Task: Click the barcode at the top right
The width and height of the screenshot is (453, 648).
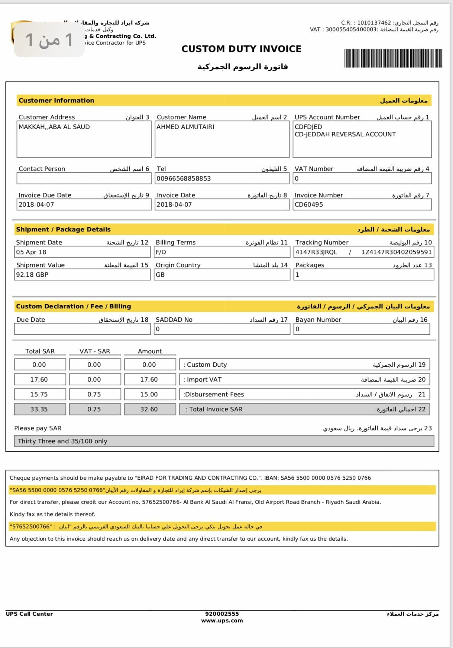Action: [x=393, y=58]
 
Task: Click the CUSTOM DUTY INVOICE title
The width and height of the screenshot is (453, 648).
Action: [x=241, y=49]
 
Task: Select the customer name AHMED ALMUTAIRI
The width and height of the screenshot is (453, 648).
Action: [x=185, y=127]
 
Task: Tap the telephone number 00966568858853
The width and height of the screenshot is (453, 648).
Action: [x=184, y=179]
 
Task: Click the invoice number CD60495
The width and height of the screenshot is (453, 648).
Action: [x=309, y=205]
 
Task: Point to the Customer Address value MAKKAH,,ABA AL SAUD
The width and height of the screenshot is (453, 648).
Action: [x=54, y=127]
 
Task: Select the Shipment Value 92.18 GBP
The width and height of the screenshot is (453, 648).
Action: [x=32, y=275]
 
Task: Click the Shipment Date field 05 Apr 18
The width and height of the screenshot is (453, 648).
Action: [x=31, y=252]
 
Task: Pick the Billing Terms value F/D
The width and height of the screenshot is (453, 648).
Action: [x=161, y=252]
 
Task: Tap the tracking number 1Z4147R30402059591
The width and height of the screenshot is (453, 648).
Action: [x=396, y=252]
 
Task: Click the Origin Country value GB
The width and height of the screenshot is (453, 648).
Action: [x=160, y=275]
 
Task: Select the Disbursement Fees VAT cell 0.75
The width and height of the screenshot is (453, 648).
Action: [x=94, y=395]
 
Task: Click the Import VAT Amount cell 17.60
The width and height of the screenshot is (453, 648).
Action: [x=149, y=380]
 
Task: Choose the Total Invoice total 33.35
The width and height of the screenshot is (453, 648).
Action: [x=39, y=409]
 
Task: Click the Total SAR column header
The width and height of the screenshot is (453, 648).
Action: [x=40, y=351]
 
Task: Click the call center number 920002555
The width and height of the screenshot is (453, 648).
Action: [x=222, y=614]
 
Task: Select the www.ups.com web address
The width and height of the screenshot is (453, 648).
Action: [x=222, y=621]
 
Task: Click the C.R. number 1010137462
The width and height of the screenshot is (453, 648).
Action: [x=374, y=23]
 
